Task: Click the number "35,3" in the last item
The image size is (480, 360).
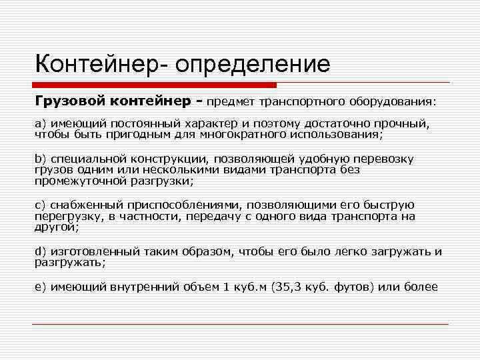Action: (289, 287)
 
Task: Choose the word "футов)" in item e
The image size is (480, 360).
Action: (356, 287)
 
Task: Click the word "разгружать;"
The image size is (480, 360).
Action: (70, 262)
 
